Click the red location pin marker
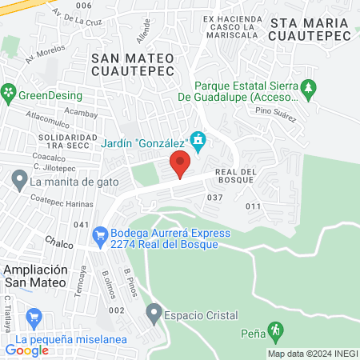(x=180, y=166)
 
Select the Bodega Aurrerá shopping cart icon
(x=100, y=235)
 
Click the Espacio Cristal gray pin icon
(x=154, y=310)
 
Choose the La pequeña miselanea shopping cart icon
(x=34, y=318)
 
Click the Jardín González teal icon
(x=198, y=143)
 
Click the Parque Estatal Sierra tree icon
(x=310, y=86)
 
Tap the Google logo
(x=27, y=350)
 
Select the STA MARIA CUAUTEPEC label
(x=311, y=31)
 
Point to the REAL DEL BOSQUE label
(x=236, y=176)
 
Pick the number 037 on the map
(x=214, y=197)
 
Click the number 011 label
(x=254, y=206)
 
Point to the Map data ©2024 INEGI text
(x=313, y=353)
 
